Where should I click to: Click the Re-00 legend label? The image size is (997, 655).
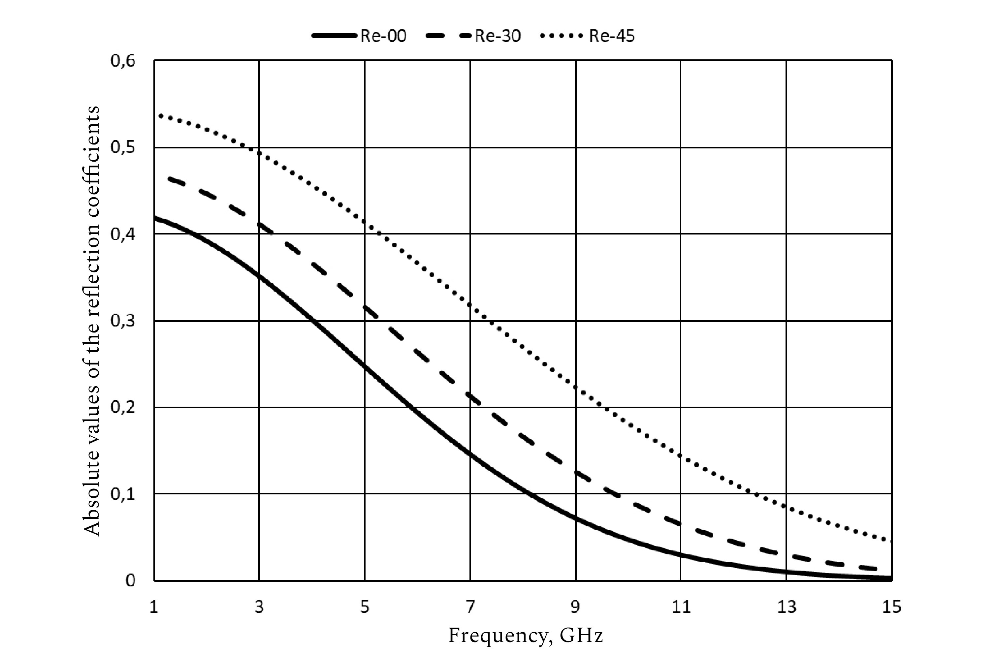point(383,36)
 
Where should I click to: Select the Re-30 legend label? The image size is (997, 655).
point(497,36)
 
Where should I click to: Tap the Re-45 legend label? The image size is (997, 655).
point(612,36)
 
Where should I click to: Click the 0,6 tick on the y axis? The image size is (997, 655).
point(123,61)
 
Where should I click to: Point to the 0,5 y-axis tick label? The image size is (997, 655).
point(123,148)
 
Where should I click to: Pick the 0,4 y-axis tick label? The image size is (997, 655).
point(123,234)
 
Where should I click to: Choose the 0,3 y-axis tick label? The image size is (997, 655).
point(123,321)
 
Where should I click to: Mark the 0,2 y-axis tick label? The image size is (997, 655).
point(123,408)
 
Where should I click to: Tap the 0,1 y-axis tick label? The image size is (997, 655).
point(123,494)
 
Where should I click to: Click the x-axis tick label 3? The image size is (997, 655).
point(259,607)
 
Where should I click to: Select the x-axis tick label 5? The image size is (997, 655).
point(365,607)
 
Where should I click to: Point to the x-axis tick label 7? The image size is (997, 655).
point(470,607)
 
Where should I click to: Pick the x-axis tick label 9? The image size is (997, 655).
point(576,607)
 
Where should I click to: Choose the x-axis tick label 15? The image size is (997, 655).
point(891,607)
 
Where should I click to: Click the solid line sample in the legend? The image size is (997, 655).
point(334,36)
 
